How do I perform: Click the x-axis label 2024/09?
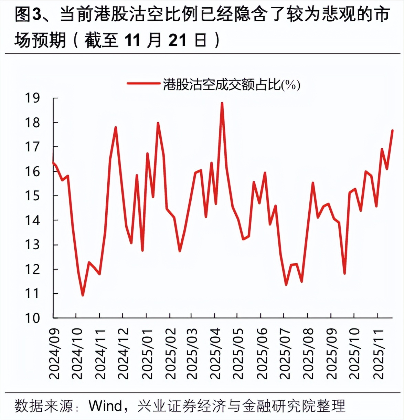point(54,354)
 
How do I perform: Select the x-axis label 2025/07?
point(285,354)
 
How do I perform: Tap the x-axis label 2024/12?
point(123,354)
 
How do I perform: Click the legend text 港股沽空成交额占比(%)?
point(231,84)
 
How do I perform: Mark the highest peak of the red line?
point(222,103)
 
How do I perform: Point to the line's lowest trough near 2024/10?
point(83,295)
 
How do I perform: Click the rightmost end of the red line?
point(392,130)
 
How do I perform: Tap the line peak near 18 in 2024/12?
point(116,127)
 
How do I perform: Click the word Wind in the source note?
point(105,406)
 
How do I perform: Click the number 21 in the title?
point(177,41)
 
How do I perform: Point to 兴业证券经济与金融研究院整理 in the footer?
point(241,406)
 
